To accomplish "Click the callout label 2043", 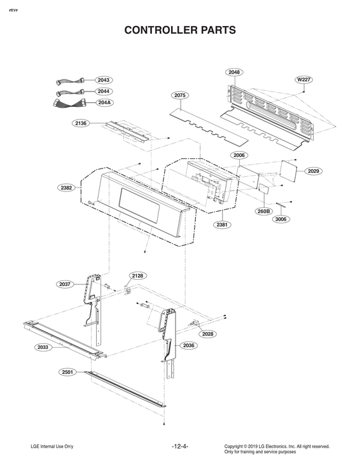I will pyautogui.click(x=104, y=80).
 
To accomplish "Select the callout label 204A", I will pyautogui.click(x=104, y=102).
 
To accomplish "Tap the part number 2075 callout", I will pyautogui.click(x=180, y=95).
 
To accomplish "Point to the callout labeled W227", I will pyautogui.click(x=304, y=79).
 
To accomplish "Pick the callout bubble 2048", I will pyautogui.click(x=235, y=72).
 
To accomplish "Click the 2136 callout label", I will pyautogui.click(x=80, y=123).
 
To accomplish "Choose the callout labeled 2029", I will pyautogui.click(x=314, y=171).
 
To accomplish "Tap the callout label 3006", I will pyautogui.click(x=280, y=219).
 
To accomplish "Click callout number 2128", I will pyautogui.click(x=138, y=276).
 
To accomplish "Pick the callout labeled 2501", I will pyautogui.click(x=69, y=371).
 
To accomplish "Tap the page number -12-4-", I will pyautogui.click(x=180, y=447).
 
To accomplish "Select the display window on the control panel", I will pyautogui.click(x=137, y=207).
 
